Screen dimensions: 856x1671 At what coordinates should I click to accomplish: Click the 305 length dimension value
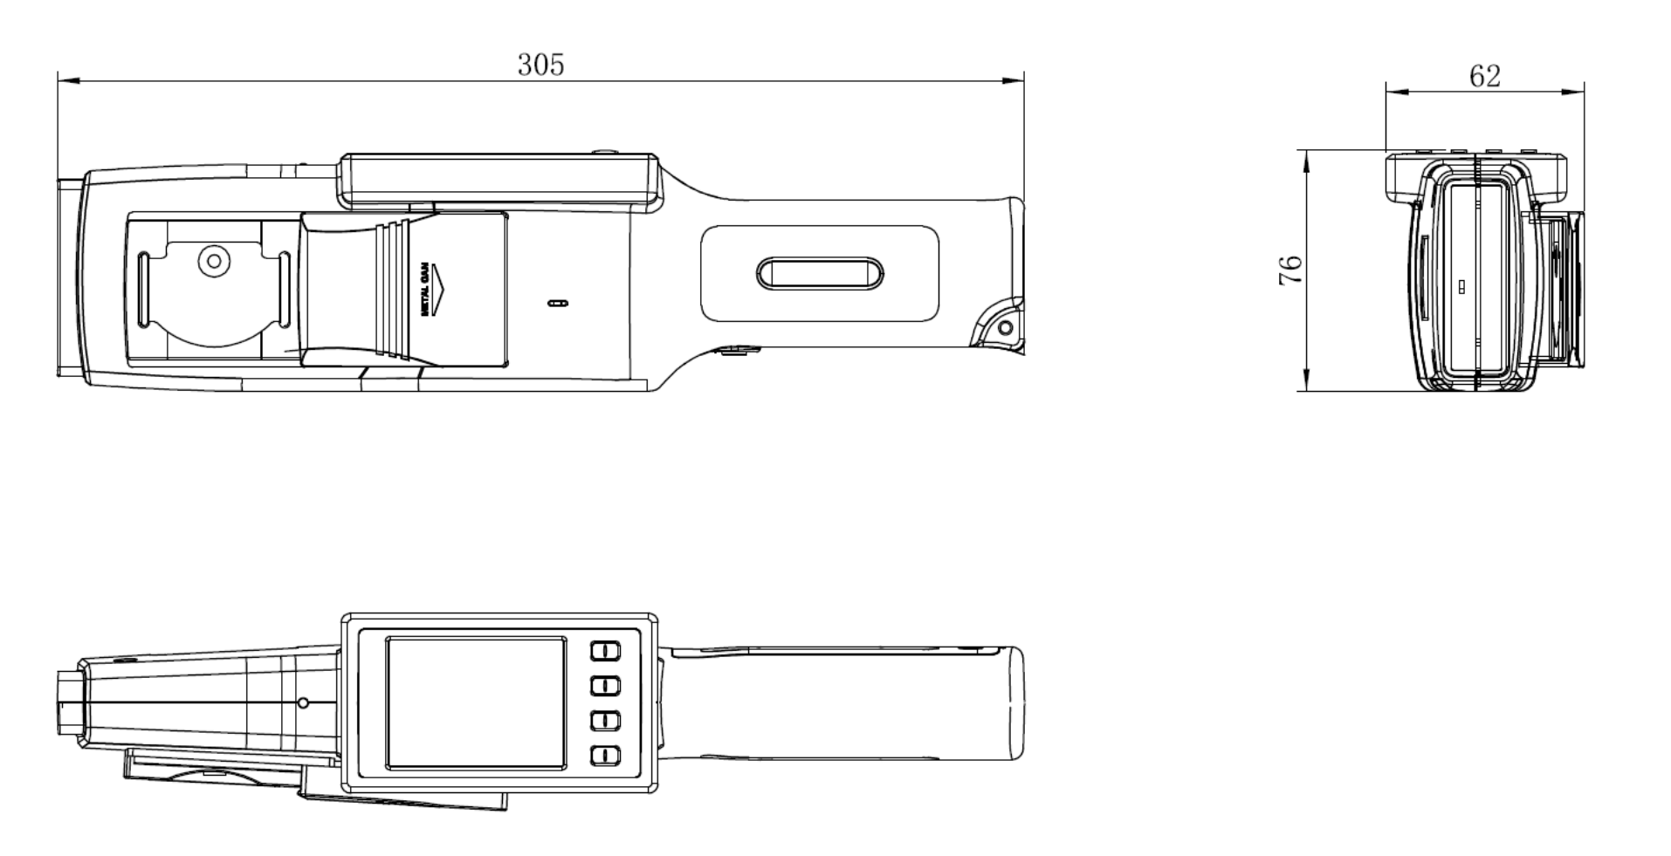(x=540, y=65)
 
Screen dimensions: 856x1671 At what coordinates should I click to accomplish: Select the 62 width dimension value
(x=1484, y=77)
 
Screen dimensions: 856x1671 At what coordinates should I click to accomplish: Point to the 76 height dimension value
(x=1290, y=270)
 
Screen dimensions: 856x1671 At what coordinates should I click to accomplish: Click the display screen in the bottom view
(x=475, y=702)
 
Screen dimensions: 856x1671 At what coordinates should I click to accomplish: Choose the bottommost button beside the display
(x=605, y=756)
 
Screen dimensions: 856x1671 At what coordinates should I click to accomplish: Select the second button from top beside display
(x=605, y=686)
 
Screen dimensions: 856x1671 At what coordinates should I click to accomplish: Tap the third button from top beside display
(x=605, y=721)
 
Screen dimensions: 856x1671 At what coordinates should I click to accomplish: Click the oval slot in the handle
(x=820, y=273)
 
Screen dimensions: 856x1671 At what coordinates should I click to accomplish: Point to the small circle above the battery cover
(x=212, y=260)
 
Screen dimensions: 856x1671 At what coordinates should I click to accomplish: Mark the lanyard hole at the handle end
(x=1005, y=328)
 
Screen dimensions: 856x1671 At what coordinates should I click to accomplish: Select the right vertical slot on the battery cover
(x=284, y=290)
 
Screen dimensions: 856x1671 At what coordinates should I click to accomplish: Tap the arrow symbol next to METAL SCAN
(x=440, y=289)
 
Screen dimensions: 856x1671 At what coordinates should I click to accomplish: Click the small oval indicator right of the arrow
(x=556, y=304)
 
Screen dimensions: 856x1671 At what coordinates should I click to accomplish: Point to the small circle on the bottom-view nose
(x=303, y=702)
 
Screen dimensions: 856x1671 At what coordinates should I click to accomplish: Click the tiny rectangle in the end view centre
(x=1461, y=285)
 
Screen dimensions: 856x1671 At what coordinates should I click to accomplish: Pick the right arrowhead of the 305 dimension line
(x=1014, y=81)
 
